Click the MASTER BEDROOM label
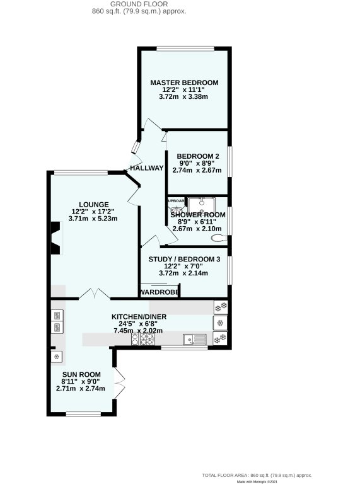click(x=184, y=83)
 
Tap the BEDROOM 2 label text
click(x=198, y=156)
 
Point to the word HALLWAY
click(x=146, y=168)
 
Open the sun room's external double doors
click(x=120, y=382)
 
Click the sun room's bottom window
click(x=83, y=414)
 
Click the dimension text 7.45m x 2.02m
click(x=137, y=331)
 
